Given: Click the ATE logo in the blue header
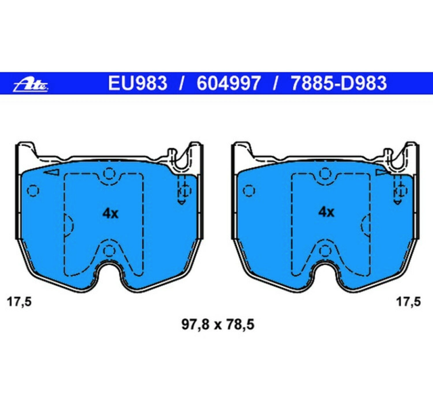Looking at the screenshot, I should point(32,84).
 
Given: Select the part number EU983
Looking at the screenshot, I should point(137,84).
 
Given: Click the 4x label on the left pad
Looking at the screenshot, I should point(110,214).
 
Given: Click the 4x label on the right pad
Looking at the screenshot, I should point(326,212).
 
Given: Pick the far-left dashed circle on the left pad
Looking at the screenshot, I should point(28,190).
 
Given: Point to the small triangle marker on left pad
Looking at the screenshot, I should point(48,174).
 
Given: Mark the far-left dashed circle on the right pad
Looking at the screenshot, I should point(248,190).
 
